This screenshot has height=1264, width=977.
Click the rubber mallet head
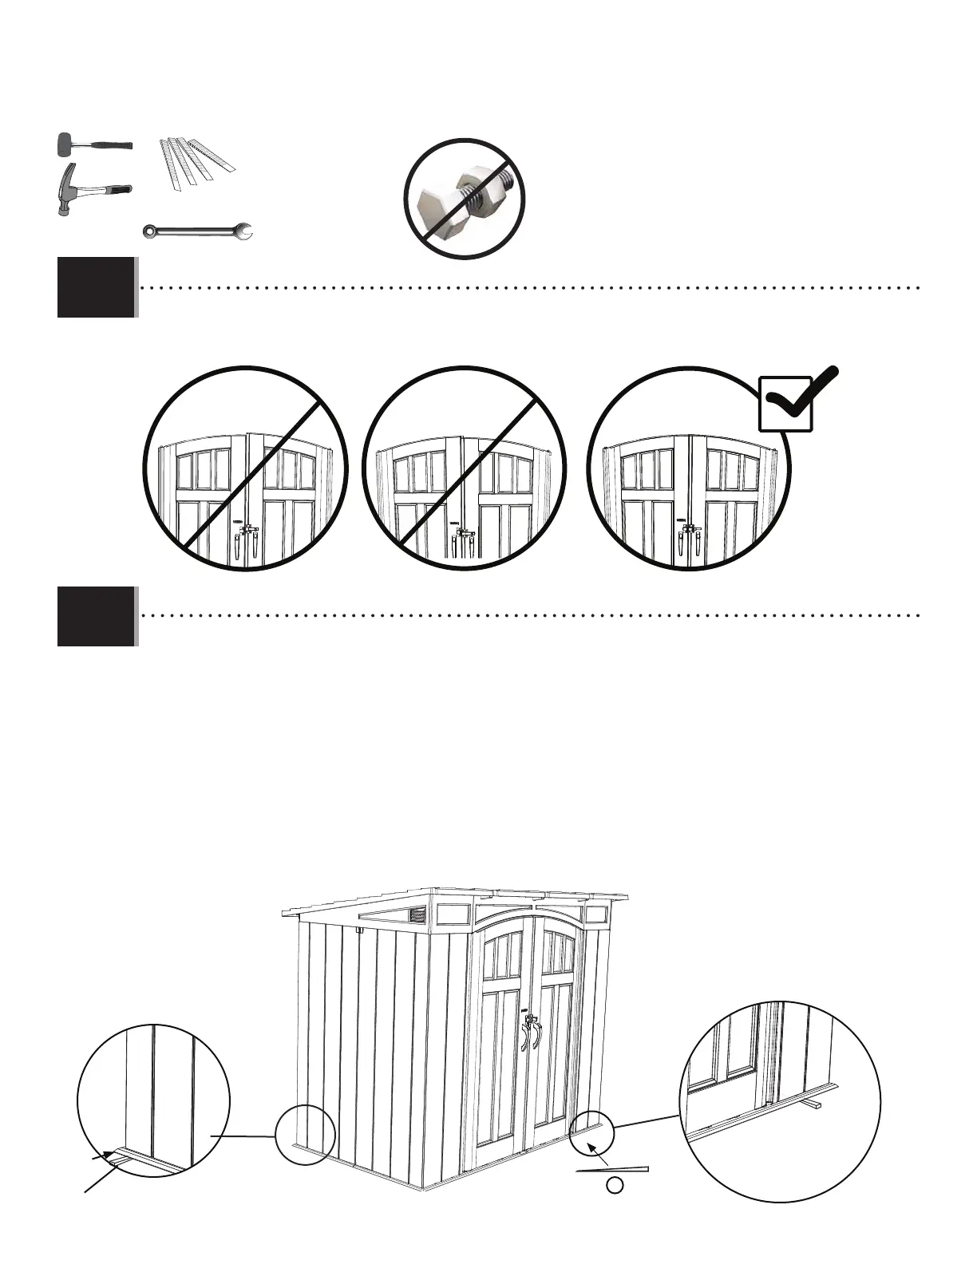click(65, 146)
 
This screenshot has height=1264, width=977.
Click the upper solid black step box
click(96, 286)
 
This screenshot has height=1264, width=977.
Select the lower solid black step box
click(96, 617)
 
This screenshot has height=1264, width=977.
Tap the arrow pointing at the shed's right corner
click(593, 1149)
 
